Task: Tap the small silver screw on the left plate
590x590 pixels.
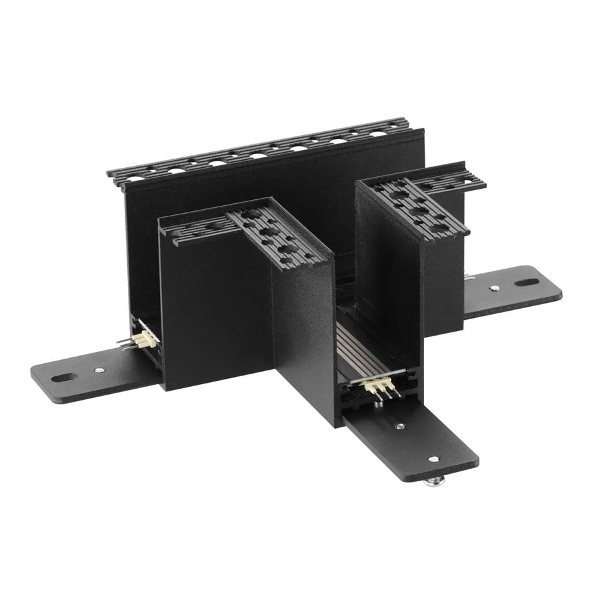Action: (x=97, y=372)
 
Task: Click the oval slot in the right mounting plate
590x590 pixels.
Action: (x=525, y=284)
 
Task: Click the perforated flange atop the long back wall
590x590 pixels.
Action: (x=262, y=147)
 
